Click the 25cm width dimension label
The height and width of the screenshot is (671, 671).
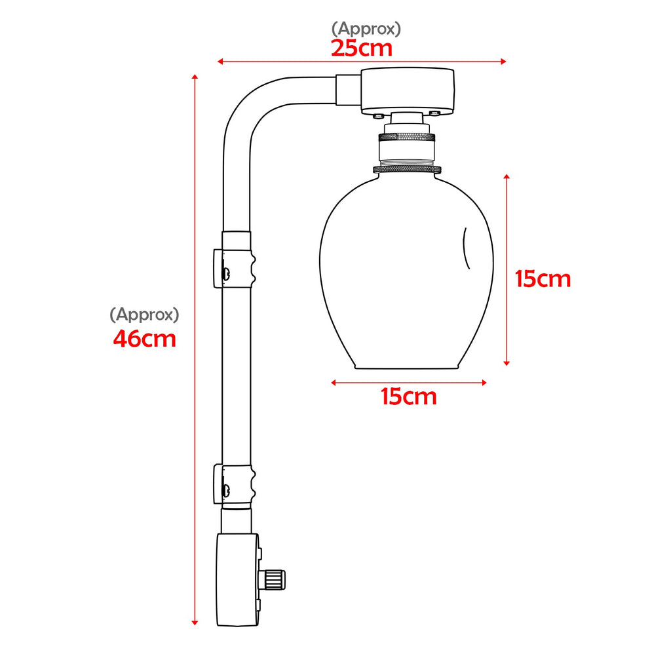[361, 48]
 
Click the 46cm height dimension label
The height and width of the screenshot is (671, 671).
[144, 339]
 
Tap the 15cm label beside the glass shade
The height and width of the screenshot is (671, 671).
[543, 279]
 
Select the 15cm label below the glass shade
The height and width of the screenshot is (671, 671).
[409, 396]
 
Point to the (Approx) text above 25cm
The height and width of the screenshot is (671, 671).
[366, 28]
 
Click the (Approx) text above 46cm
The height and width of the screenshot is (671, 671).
[144, 315]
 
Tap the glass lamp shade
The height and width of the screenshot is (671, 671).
[406, 275]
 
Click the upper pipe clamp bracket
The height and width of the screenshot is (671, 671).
[234, 267]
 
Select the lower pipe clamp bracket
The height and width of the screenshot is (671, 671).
[234, 485]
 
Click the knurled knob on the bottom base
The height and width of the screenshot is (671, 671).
[275, 579]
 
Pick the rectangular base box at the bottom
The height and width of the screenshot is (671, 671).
[237, 580]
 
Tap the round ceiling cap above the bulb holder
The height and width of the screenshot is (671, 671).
[408, 90]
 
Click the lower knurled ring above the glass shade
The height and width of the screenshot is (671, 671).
[406, 169]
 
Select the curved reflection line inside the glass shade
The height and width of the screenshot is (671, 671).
[467, 248]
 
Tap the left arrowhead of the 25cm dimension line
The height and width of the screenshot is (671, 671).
[220, 62]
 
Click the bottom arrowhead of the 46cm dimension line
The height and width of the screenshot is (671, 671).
[195, 622]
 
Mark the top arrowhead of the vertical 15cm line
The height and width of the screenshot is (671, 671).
[507, 176]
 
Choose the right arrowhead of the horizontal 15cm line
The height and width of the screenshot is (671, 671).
[484, 383]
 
